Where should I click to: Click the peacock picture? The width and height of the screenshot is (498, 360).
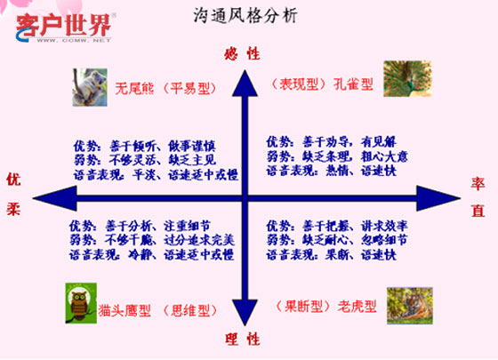[x=402, y=79]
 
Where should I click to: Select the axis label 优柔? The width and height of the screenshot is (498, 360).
[x=13, y=196]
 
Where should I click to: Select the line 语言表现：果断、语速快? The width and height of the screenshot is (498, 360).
[x=326, y=254]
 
